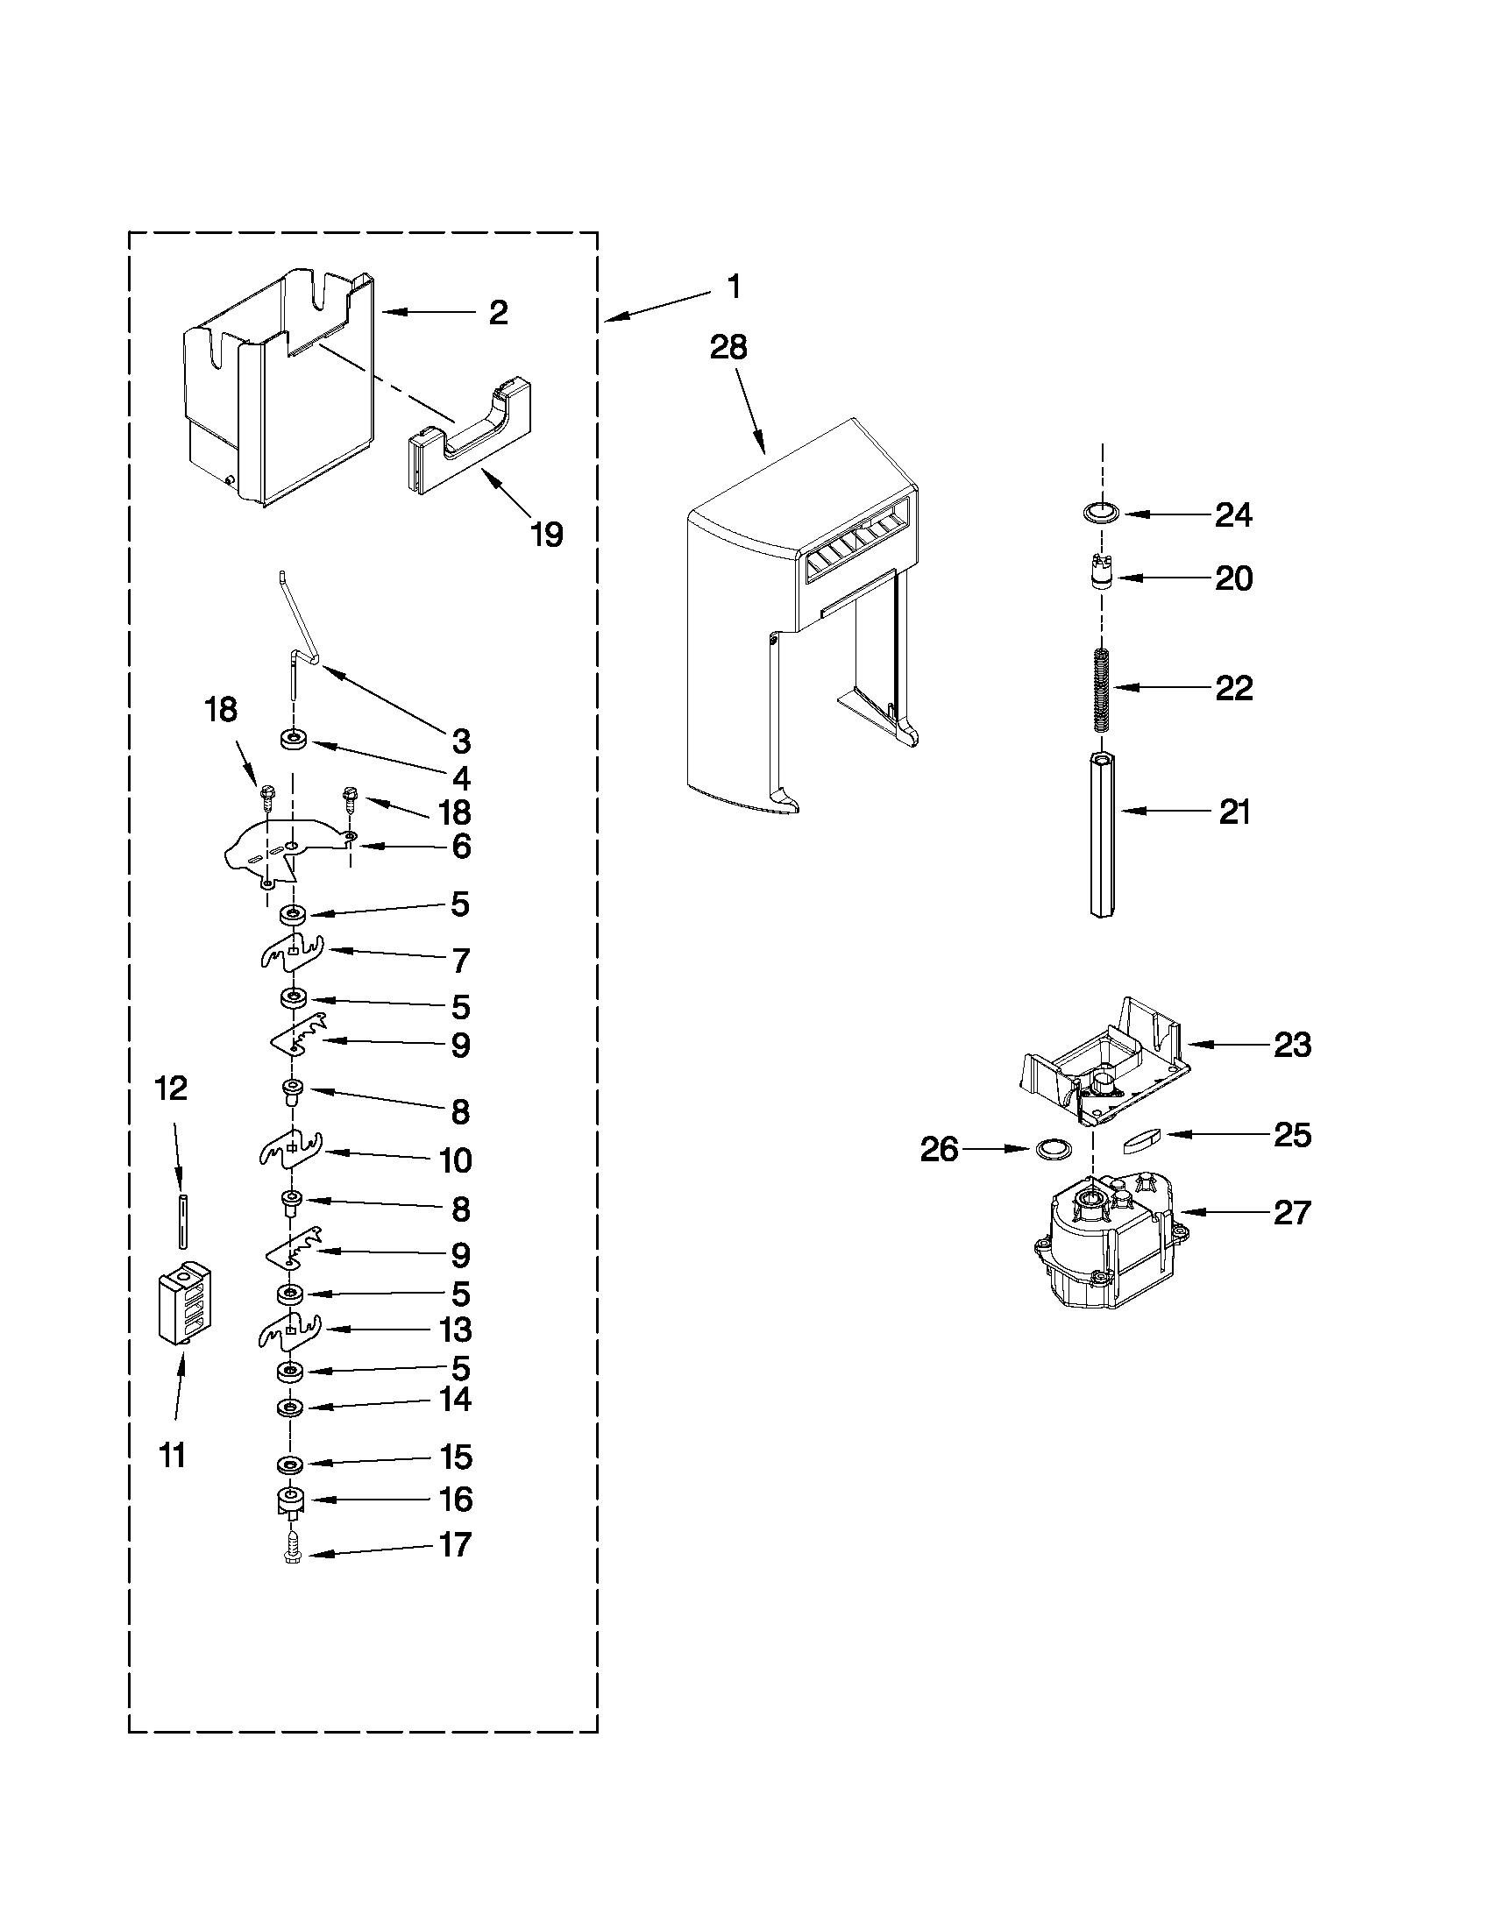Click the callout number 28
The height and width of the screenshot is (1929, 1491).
pyautogui.click(x=728, y=347)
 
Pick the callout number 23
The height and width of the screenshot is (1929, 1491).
pyautogui.click(x=1292, y=1045)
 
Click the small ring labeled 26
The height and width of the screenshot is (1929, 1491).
pyautogui.click(x=1051, y=1149)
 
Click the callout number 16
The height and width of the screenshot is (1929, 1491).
pyautogui.click(x=456, y=1499)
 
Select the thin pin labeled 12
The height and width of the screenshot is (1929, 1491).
pyautogui.click(x=182, y=1221)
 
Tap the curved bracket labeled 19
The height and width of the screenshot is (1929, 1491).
pyautogui.click(x=470, y=435)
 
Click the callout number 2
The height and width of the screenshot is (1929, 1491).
pyautogui.click(x=498, y=313)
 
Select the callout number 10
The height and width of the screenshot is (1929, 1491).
pyautogui.click(x=456, y=1160)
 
